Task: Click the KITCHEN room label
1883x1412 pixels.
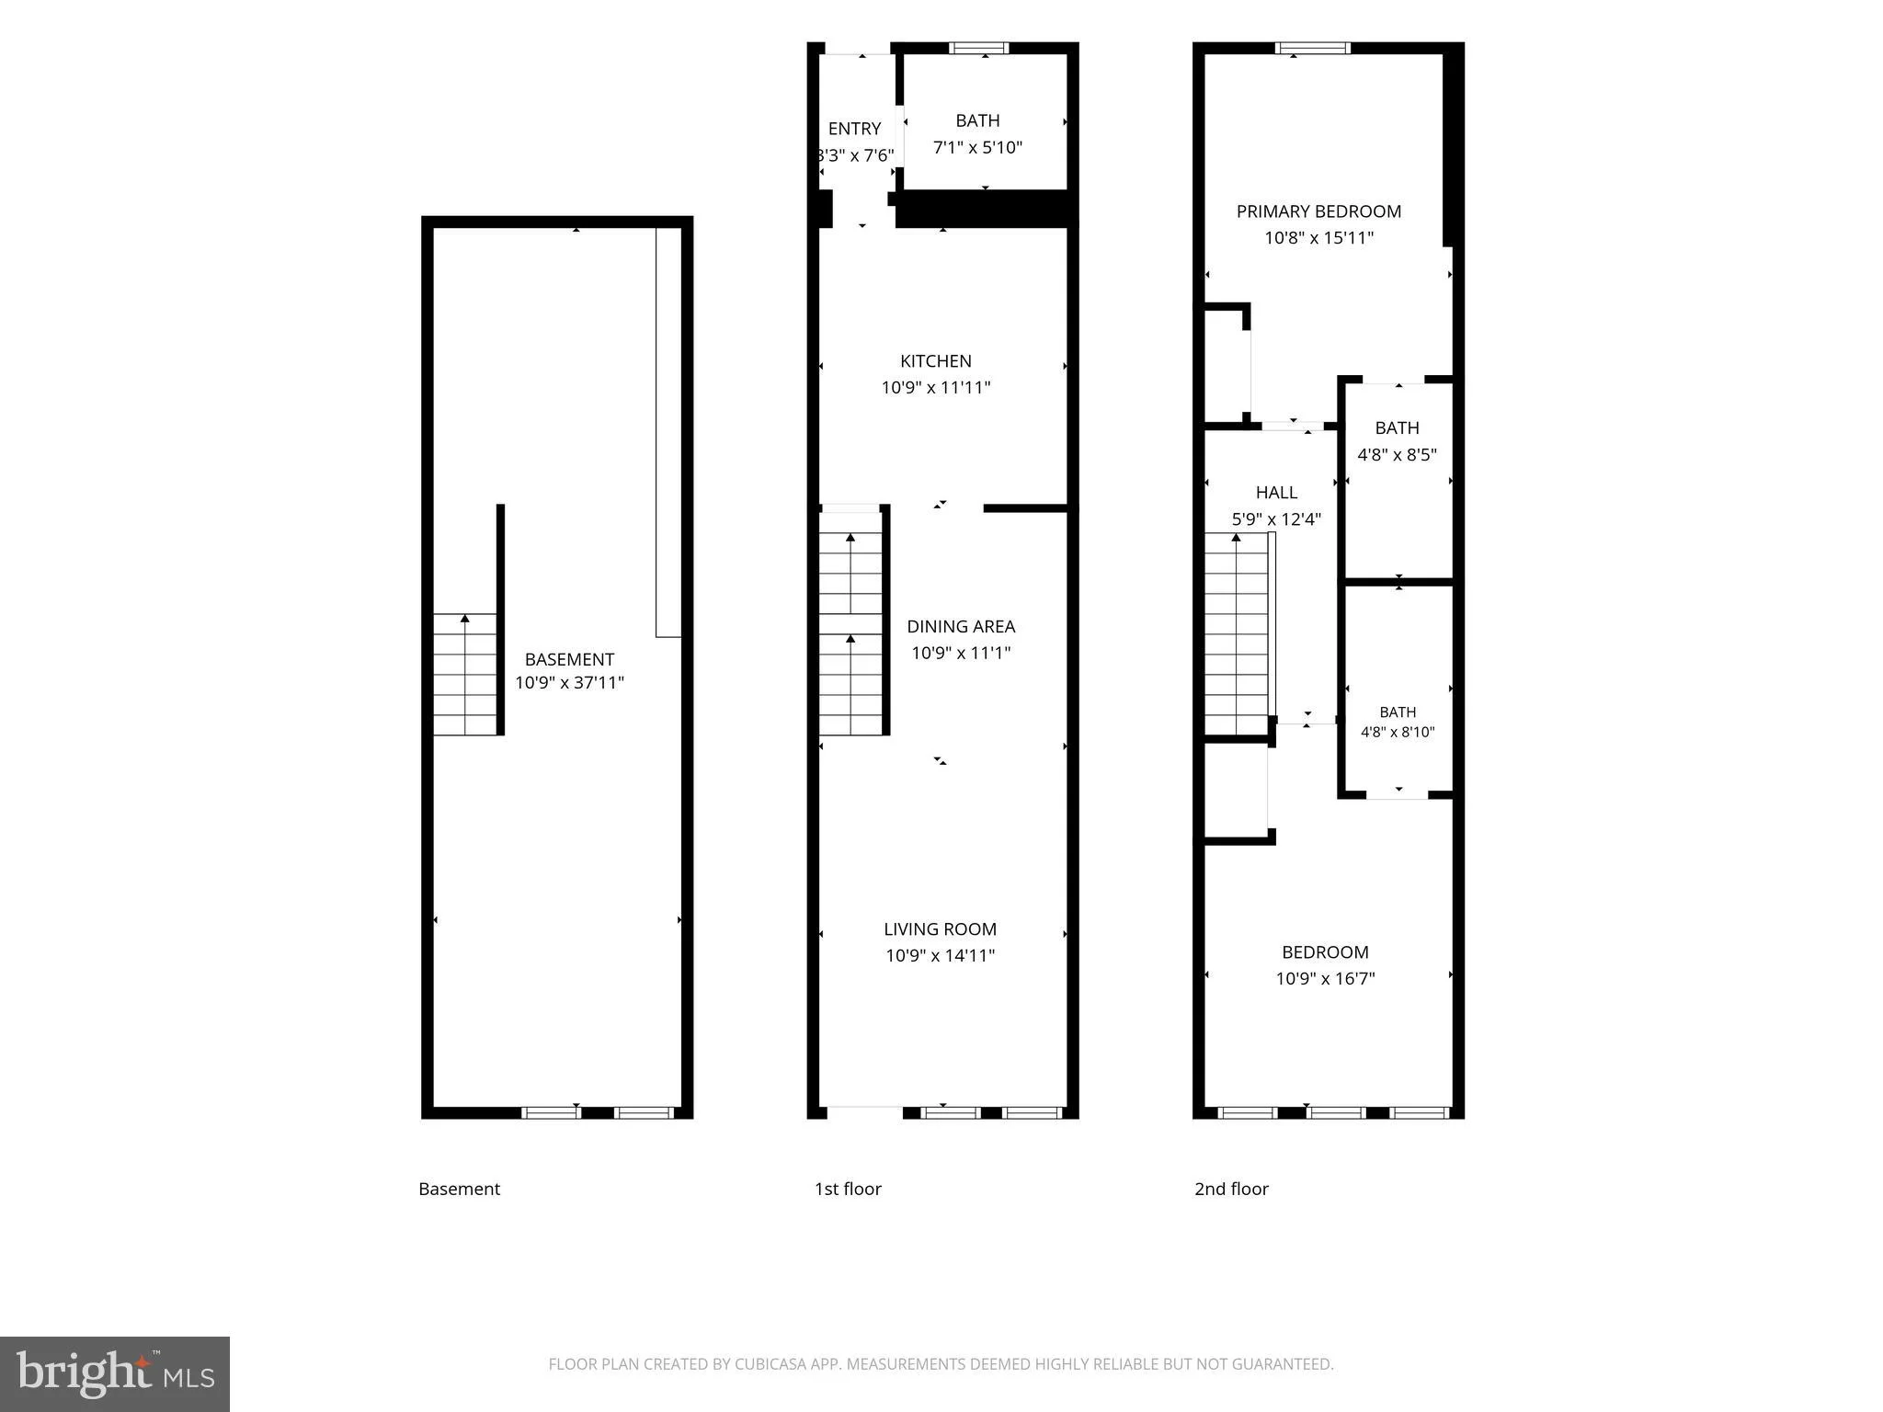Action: pos(935,361)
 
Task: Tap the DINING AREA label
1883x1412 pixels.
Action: pos(961,626)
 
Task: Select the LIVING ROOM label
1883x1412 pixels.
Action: pos(940,929)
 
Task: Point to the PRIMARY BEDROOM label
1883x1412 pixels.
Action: pos(1318,211)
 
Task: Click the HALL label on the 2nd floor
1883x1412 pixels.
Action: pos(1276,493)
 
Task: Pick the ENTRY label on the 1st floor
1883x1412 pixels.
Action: pos(854,129)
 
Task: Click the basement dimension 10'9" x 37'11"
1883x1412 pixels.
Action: pos(569,683)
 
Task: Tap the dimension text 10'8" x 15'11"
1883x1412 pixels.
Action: pos(1318,238)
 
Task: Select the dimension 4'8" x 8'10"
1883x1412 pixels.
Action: pos(1398,733)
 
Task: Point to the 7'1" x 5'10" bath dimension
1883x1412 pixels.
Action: pos(977,147)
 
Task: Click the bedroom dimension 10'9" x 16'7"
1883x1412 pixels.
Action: pos(1325,979)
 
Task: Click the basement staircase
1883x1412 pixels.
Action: pos(465,674)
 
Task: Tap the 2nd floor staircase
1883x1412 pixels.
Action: pos(1238,634)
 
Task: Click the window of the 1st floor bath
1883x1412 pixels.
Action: pos(979,48)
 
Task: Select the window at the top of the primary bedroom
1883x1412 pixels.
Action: pos(1313,48)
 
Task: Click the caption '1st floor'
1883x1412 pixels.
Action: pos(848,1189)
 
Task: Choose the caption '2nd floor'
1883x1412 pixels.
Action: pos(1231,1189)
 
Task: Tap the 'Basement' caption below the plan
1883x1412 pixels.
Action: pos(459,1189)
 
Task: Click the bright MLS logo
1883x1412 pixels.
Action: pos(115,1373)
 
